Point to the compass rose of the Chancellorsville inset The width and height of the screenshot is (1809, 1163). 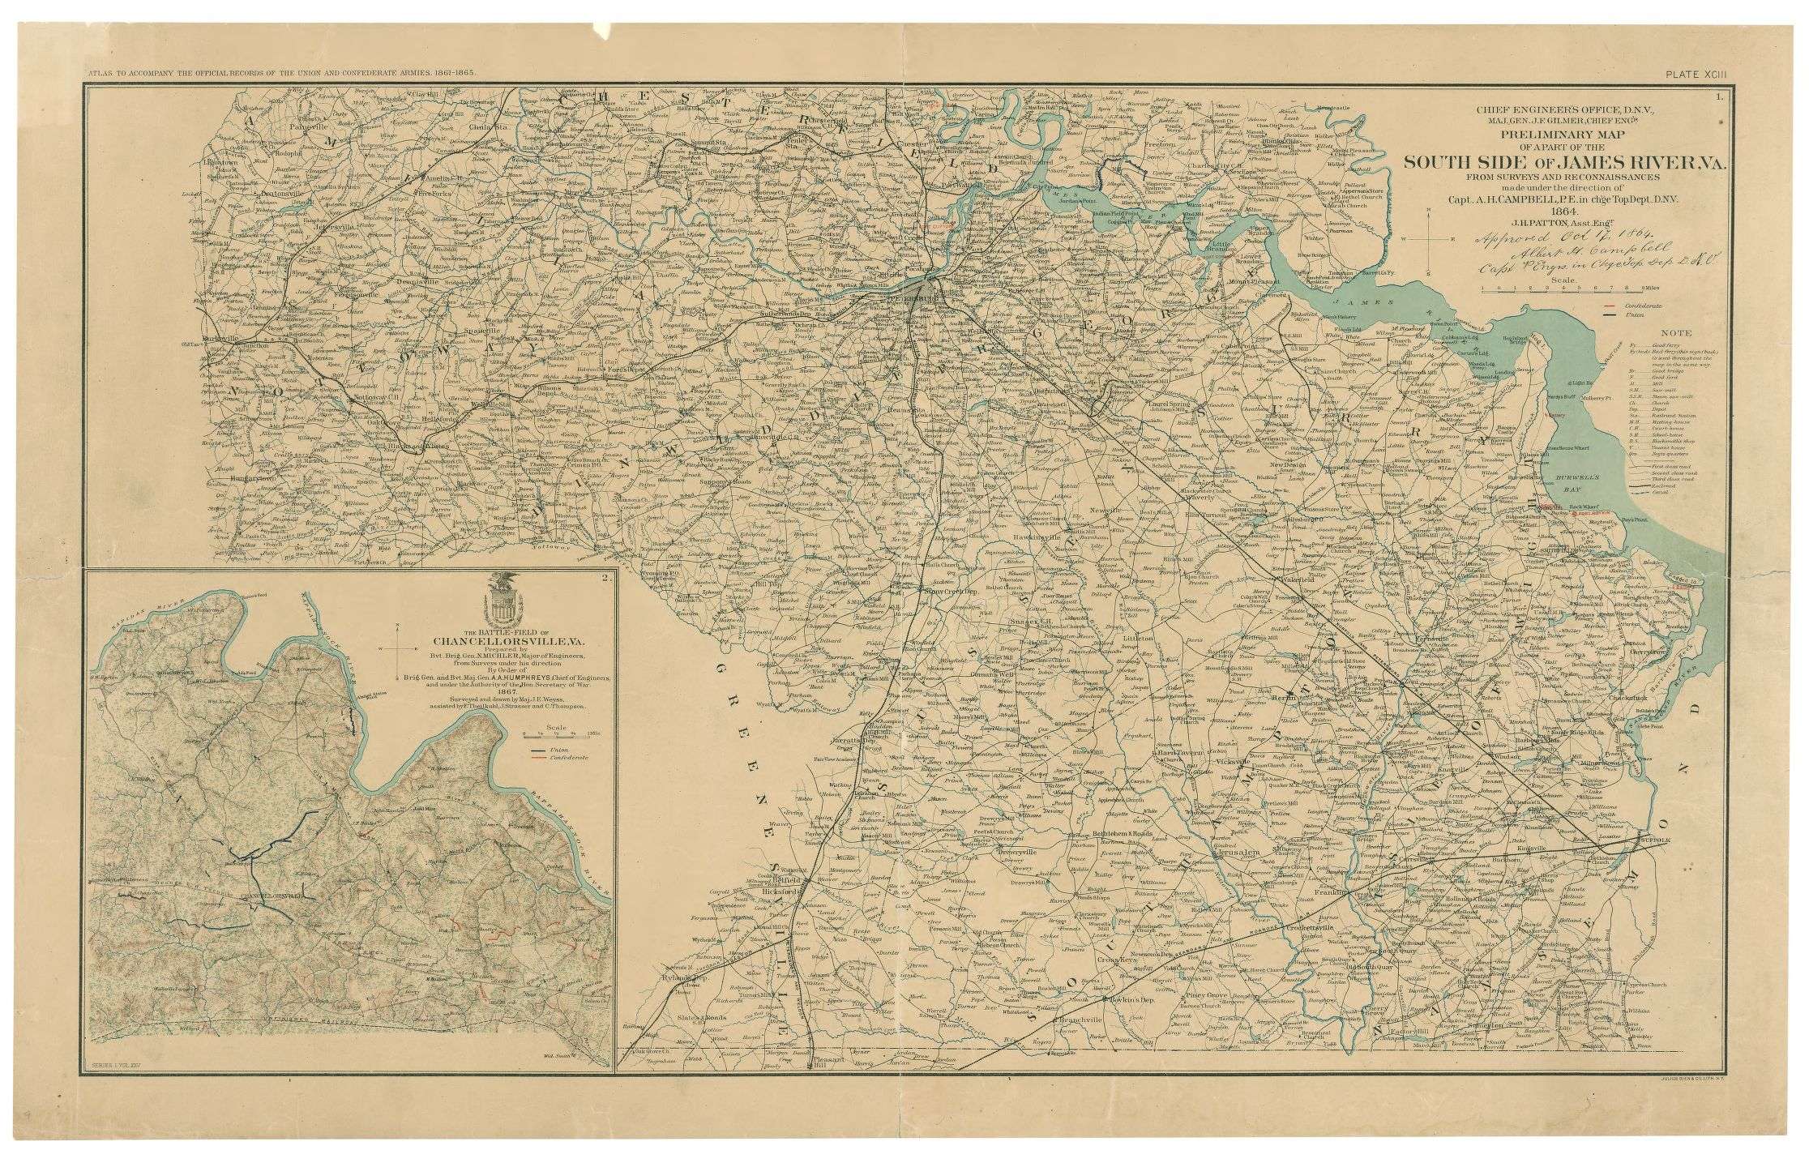click(399, 649)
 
